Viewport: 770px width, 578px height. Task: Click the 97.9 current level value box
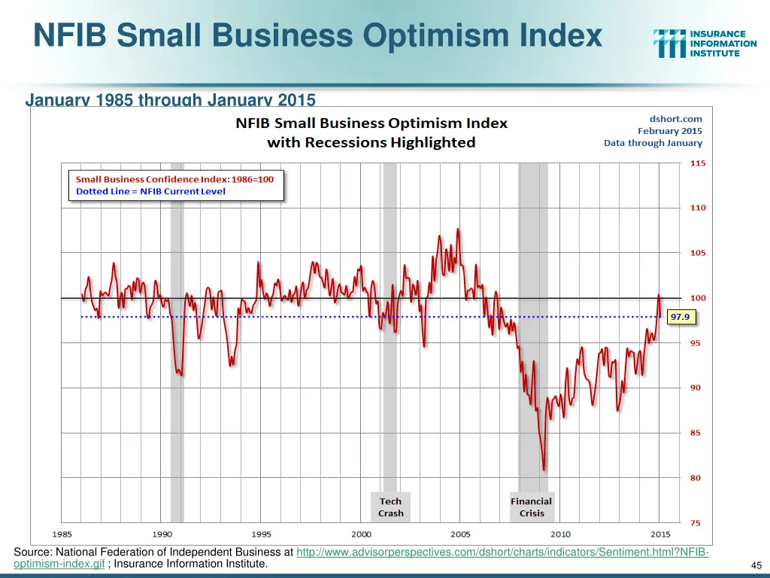tap(680, 317)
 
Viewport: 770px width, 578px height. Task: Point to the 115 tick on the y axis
tap(698, 163)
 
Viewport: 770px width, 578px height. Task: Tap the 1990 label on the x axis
tap(162, 534)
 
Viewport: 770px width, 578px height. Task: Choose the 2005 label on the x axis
tap(460, 534)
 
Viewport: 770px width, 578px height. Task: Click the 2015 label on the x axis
tap(659, 534)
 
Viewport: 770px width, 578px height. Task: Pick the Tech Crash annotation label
tap(390, 507)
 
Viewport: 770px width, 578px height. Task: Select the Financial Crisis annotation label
tap(531, 507)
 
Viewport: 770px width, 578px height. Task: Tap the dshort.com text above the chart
tap(675, 118)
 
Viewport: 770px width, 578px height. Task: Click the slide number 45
tap(756, 565)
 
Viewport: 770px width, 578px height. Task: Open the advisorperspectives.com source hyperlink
tap(502, 553)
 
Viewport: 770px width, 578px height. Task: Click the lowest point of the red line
tap(543, 470)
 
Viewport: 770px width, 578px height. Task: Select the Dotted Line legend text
tap(150, 191)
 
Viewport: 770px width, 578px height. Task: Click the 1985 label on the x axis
tap(62, 534)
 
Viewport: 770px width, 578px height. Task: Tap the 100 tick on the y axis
tap(698, 298)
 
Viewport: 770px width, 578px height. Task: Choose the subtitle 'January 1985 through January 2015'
tap(171, 99)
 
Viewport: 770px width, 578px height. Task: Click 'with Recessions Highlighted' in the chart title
tap(371, 142)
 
